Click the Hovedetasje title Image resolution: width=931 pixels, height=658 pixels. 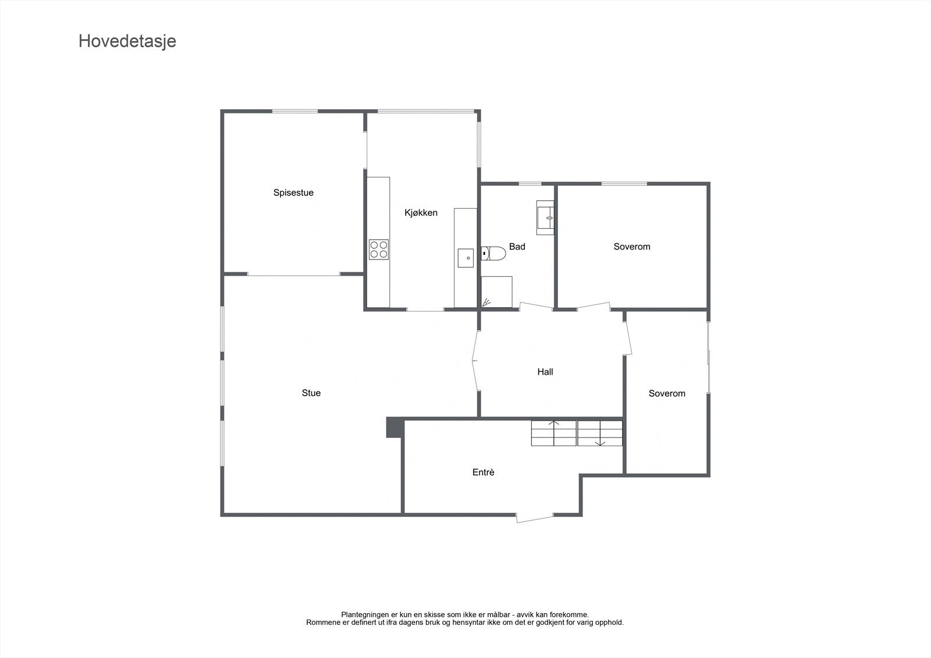127,41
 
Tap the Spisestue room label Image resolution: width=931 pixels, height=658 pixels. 293,193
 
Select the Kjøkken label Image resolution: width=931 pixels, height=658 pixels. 421,213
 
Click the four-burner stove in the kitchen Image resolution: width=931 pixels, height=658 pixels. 378,250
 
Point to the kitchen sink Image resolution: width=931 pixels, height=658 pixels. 465,258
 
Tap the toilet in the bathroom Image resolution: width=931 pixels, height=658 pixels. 493,254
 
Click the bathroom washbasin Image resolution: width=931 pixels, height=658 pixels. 545,218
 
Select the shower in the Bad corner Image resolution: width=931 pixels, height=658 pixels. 496,292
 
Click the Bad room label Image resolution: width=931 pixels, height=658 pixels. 517,247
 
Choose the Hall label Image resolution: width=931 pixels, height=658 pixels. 545,372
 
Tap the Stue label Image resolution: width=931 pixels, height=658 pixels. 311,393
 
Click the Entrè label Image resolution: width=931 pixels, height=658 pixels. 483,472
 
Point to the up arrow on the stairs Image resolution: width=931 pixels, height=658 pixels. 553,424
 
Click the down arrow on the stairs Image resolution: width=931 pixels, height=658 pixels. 600,443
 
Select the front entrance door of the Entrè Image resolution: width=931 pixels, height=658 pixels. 535,517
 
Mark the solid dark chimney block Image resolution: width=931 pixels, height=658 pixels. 395,428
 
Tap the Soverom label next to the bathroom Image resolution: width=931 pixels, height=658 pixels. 631,247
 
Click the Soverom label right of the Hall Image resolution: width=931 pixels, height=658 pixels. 667,394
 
